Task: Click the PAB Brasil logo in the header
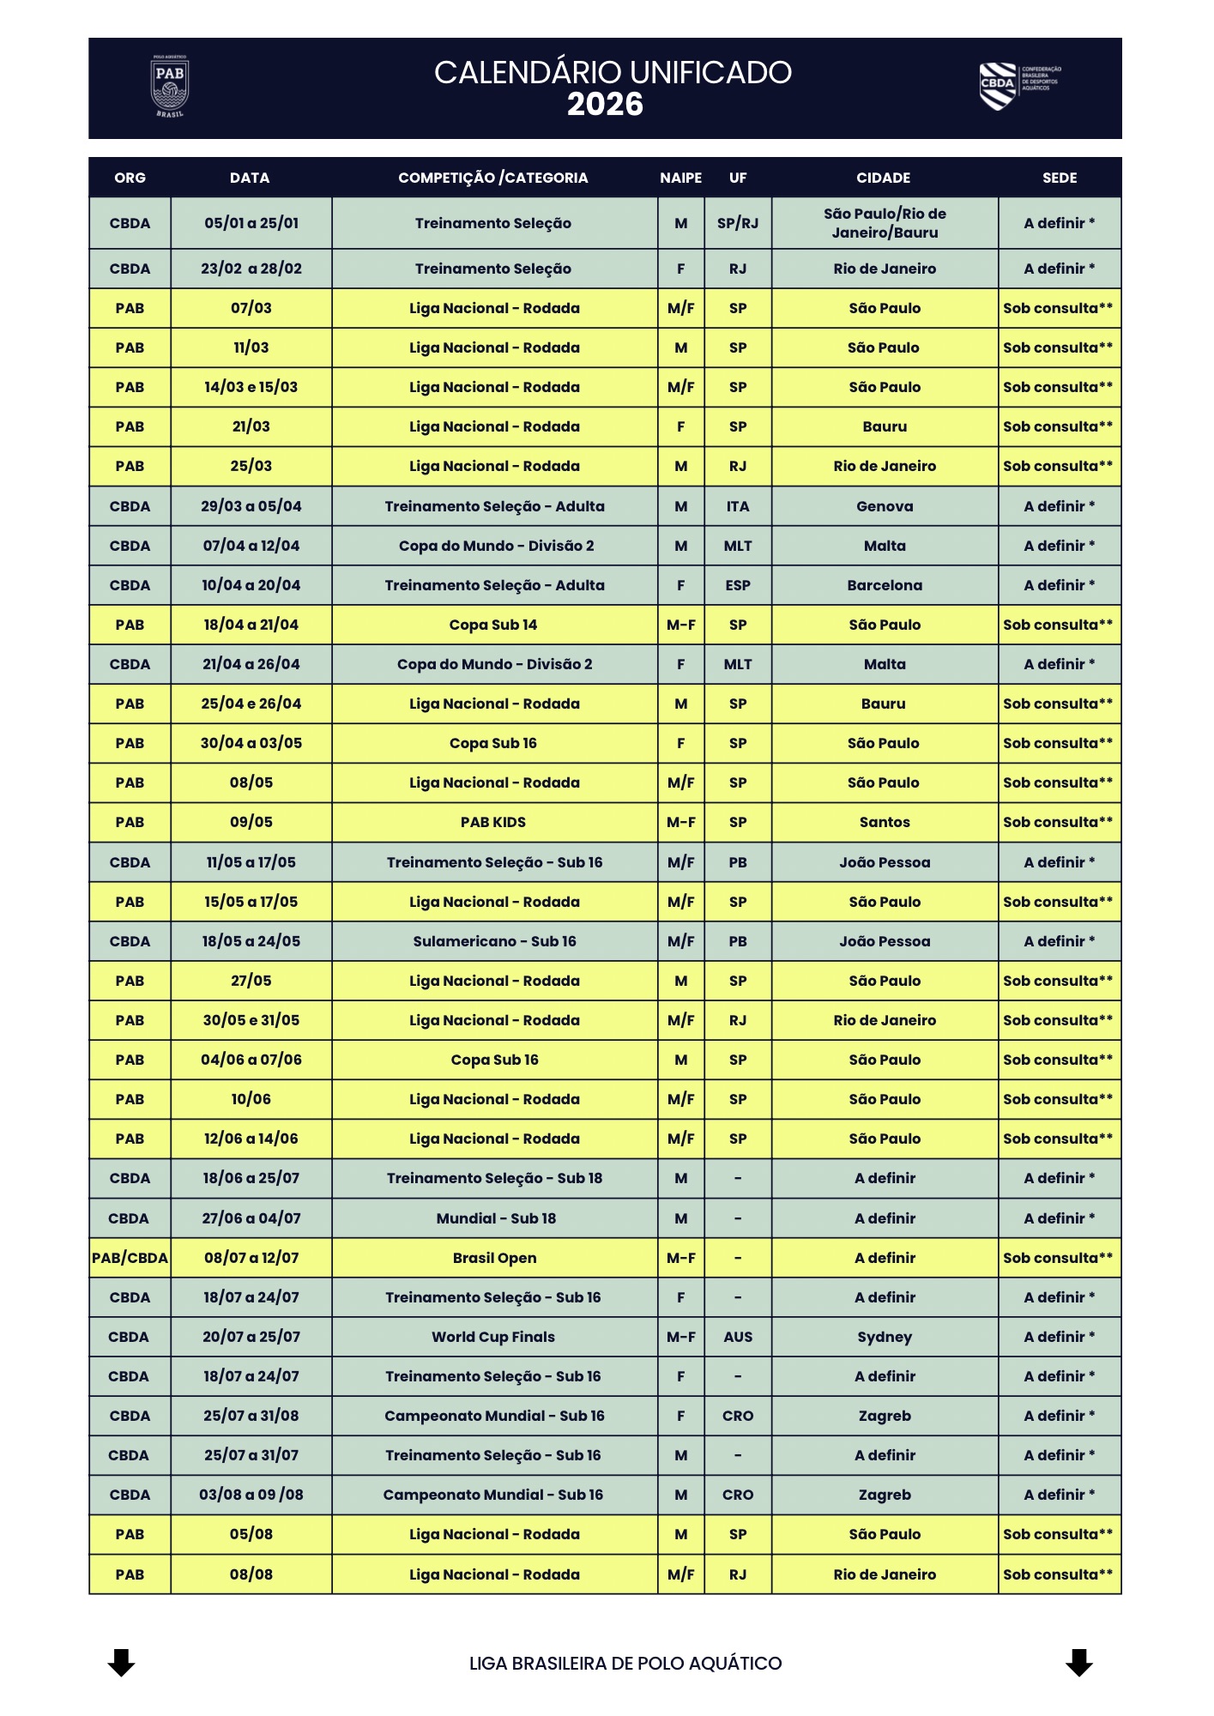(170, 87)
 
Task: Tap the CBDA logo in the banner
(1019, 86)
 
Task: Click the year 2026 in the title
(605, 105)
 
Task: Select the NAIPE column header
(680, 178)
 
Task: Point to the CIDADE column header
(883, 178)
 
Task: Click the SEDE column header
(1059, 178)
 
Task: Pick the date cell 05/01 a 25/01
(251, 223)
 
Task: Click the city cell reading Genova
(885, 506)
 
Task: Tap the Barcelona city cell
(885, 585)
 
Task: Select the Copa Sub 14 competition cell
(493, 625)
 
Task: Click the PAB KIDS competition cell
(493, 822)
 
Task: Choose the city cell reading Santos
(885, 822)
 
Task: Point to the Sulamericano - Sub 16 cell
(494, 941)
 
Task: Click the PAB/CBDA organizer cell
(130, 1258)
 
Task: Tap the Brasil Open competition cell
(494, 1258)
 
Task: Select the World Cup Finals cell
(493, 1337)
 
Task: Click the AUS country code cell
(738, 1337)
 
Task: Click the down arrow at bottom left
(121, 1662)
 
